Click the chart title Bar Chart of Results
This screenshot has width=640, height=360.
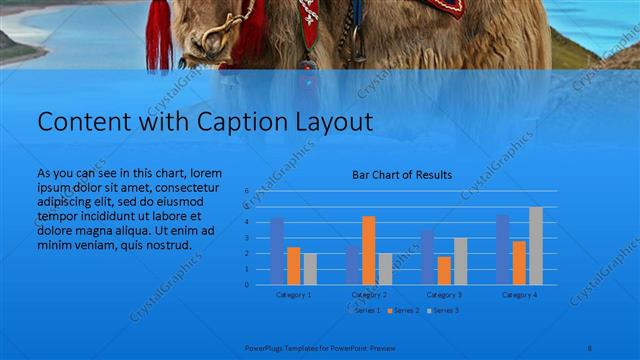(401, 175)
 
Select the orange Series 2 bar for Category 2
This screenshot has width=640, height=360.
(369, 250)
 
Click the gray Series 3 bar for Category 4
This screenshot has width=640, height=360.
(536, 246)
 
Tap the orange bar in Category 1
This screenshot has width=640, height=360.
(293, 266)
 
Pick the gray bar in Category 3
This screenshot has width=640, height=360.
(460, 261)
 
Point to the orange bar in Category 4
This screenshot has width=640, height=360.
(519, 262)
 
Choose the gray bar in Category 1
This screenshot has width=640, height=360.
(310, 269)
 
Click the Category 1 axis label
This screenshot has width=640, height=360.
(293, 295)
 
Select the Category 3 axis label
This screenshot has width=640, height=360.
(444, 295)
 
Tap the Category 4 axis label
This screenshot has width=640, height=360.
(519, 295)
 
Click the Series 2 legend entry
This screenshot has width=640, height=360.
(404, 311)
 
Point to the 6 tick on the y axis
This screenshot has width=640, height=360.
(246, 190)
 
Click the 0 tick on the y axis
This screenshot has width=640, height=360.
(246, 285)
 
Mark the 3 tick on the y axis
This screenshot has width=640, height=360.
(246, 238)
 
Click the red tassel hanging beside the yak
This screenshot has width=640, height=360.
(159, 35)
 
